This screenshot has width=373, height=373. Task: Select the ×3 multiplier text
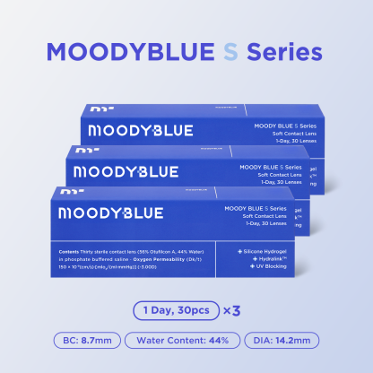tap(232, 310)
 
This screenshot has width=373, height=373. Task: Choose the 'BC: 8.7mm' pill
tap(82, 341)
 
